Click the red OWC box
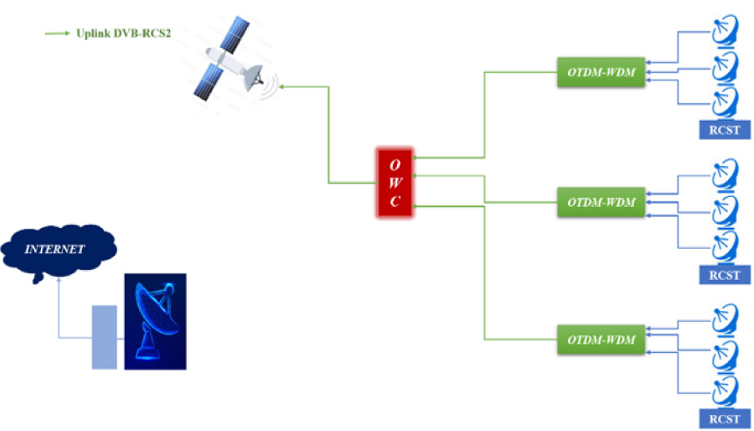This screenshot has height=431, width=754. (395, 181)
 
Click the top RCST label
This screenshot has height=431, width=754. (725, 130)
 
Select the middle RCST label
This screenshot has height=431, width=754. (725, 274)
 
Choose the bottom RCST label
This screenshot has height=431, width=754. (725, 418)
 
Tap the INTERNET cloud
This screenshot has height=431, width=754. (58, 248)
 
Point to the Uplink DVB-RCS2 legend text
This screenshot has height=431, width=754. (118, 34)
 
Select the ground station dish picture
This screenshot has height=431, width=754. (155, 322)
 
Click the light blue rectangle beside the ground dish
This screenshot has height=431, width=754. (104, 337)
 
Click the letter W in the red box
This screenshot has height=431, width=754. (395, 181)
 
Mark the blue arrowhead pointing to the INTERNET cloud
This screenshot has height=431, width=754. (58, 282)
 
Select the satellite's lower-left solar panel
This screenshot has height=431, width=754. (206, 85)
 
